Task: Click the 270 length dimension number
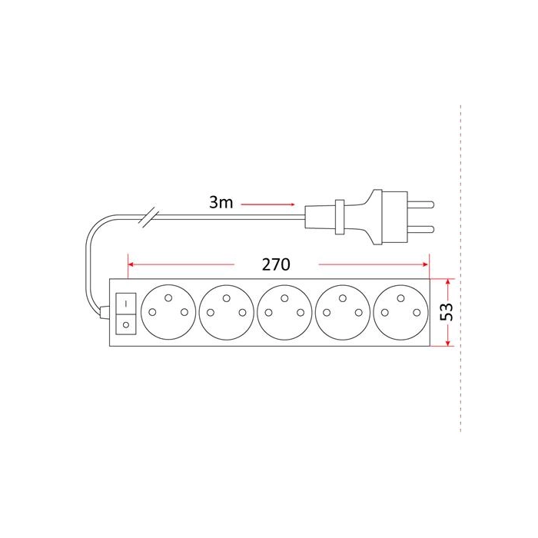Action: pyautogui.click(x=276, y=264)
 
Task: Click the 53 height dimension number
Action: pyautogui.click(x=447, y=311)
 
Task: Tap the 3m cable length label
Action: pyautogui.click(x=221, y=202)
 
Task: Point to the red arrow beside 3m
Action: pyautogui.click(x=267, y=204)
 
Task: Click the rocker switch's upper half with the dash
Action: pyautogui.click(x=126, y=304)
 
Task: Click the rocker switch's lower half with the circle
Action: pyautogui.click(x=126, y=324)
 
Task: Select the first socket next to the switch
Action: pyautogui.click(x=168, y=312)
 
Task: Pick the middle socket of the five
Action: pyautogui.click(x=284, y=312)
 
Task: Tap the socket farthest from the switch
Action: pyautogui.click(x=400, y=312)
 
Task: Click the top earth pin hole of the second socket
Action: pyautogui.click(x=227, y=298)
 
